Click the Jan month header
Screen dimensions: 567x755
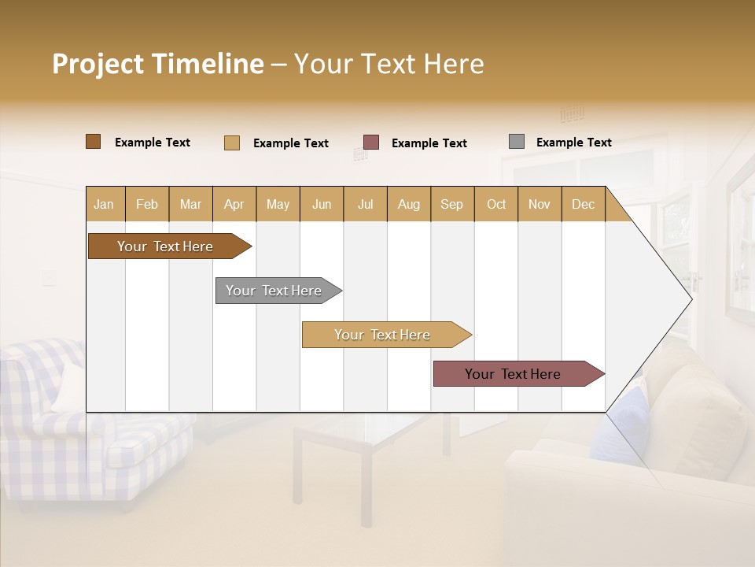[x=104, y=204]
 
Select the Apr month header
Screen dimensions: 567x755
[x=234, y=204]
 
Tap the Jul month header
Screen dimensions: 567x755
[x=365, y=204]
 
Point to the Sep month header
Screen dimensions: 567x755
[x=451, y=204]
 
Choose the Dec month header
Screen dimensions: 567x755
[x=583, y=204]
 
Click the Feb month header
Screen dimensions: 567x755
[x=147, y=204]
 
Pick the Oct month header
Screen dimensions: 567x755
[x=496, y=204]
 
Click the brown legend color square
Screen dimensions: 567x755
[x=93, y=142]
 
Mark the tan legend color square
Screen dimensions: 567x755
[x=232, y=143]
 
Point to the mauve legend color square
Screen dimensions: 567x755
[x=371, y=143]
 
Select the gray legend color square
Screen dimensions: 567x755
[x=517, y=142]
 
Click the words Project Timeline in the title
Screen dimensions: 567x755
[x=157, y=64]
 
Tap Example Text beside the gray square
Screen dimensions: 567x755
[x=573, y=143]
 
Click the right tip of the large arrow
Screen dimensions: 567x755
[x=690, y=298]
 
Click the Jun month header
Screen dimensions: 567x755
[x=322, y=204]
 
